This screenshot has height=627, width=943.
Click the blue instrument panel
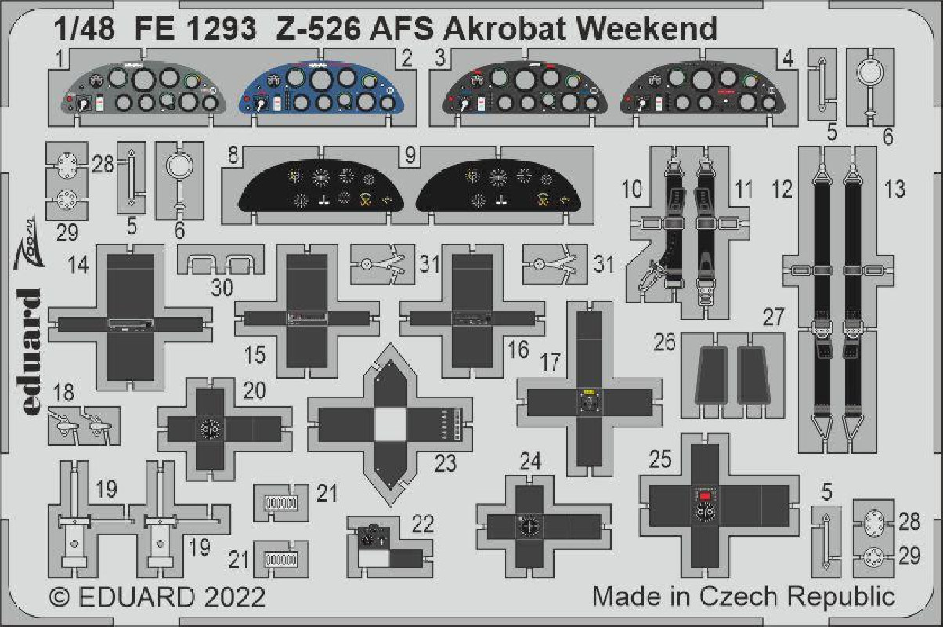[x=321, y=89]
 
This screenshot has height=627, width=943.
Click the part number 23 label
[x=446, y=463]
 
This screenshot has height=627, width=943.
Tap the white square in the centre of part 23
[x=390, y=425]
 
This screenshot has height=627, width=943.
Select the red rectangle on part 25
[x=705, y=497]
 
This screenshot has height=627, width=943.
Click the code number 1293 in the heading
[x=221, y=29]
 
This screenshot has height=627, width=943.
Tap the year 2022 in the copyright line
[x=235, y=597]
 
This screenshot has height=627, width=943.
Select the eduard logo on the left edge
[x=30, y=352]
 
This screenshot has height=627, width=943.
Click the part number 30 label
[x=222, y=288]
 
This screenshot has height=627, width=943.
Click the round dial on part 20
[x=210, y=429]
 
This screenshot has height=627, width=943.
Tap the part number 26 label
[x=665, y=342]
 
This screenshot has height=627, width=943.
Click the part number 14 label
[x=78, y=265]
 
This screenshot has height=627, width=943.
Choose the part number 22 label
[x=423, y=524]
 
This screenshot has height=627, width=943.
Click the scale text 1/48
[x=85, y=29]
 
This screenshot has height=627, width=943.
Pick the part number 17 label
[x=551, y=362]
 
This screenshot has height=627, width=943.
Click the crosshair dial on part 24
[x=529, y=527]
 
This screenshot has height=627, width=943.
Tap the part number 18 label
[x=64, y=392]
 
